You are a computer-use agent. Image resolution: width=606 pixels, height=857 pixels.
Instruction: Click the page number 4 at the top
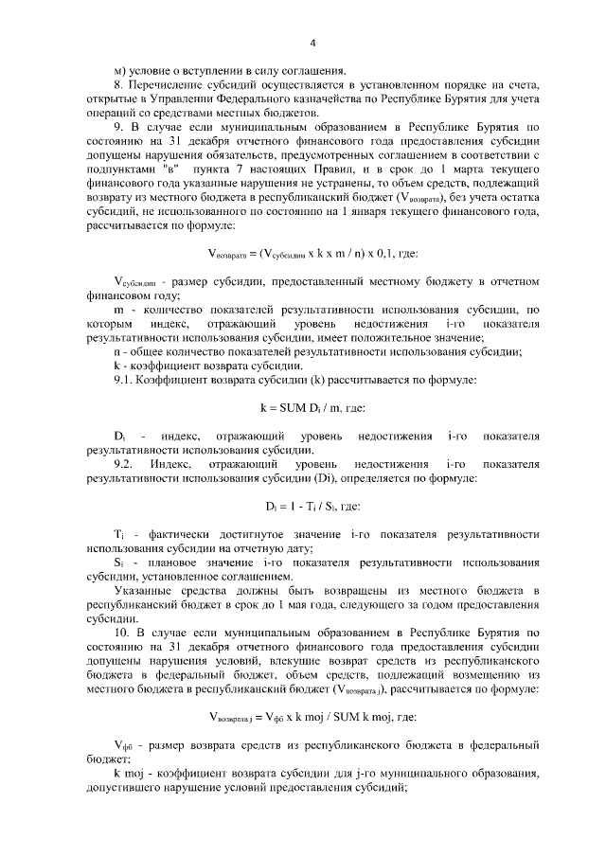[312, 42]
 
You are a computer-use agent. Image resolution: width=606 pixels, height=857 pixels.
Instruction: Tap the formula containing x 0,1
[312, 253]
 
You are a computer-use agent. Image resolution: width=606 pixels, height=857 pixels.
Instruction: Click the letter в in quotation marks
[172, 166]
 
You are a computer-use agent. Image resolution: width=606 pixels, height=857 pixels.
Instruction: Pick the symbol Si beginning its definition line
[118, 562]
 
